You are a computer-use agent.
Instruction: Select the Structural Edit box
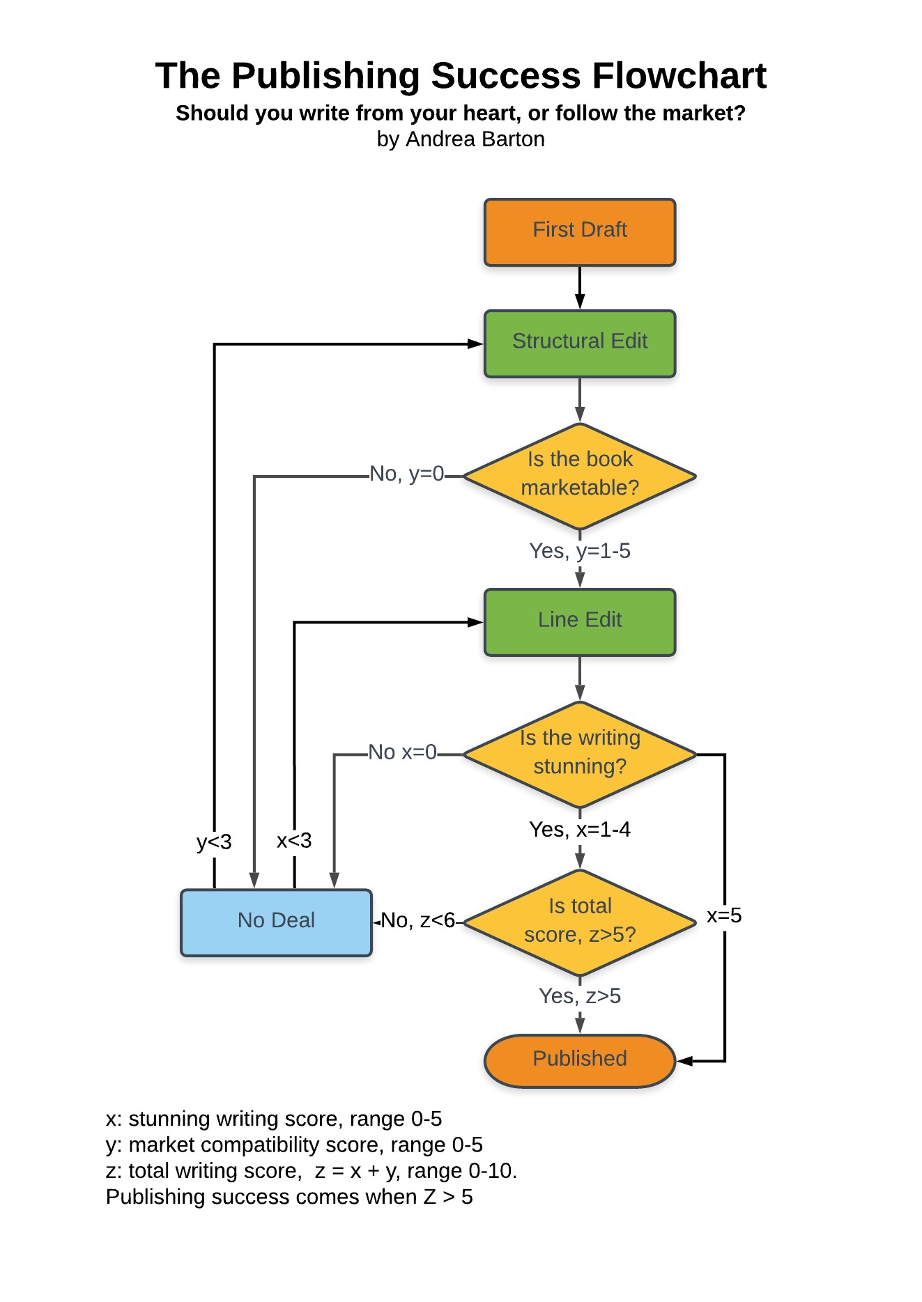coord(579,343)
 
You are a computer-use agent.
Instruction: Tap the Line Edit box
coord(579,622)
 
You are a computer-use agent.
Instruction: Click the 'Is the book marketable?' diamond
coord(579,476)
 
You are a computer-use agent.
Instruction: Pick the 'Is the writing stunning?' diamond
coord(579,754)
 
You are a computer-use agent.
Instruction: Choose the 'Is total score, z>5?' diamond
coord(579,922)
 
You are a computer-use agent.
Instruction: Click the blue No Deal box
coord(276,922)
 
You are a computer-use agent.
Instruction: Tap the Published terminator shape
coord(579,1060)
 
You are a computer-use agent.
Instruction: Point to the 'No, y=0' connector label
coord(407,474)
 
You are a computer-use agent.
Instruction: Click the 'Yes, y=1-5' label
coord(579,551)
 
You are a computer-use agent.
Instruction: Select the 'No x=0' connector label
coord(403,752)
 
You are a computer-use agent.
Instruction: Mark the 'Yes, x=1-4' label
coord(579,830)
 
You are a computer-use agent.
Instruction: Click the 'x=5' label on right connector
coord(724,915)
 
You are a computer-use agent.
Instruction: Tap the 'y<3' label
coord(214,842)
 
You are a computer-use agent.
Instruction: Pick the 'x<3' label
coord(294,841)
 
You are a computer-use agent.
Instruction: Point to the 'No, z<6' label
coord(418,921)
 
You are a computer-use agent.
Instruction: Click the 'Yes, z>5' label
coord(579,996)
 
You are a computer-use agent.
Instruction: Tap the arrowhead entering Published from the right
coord(684,1061)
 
